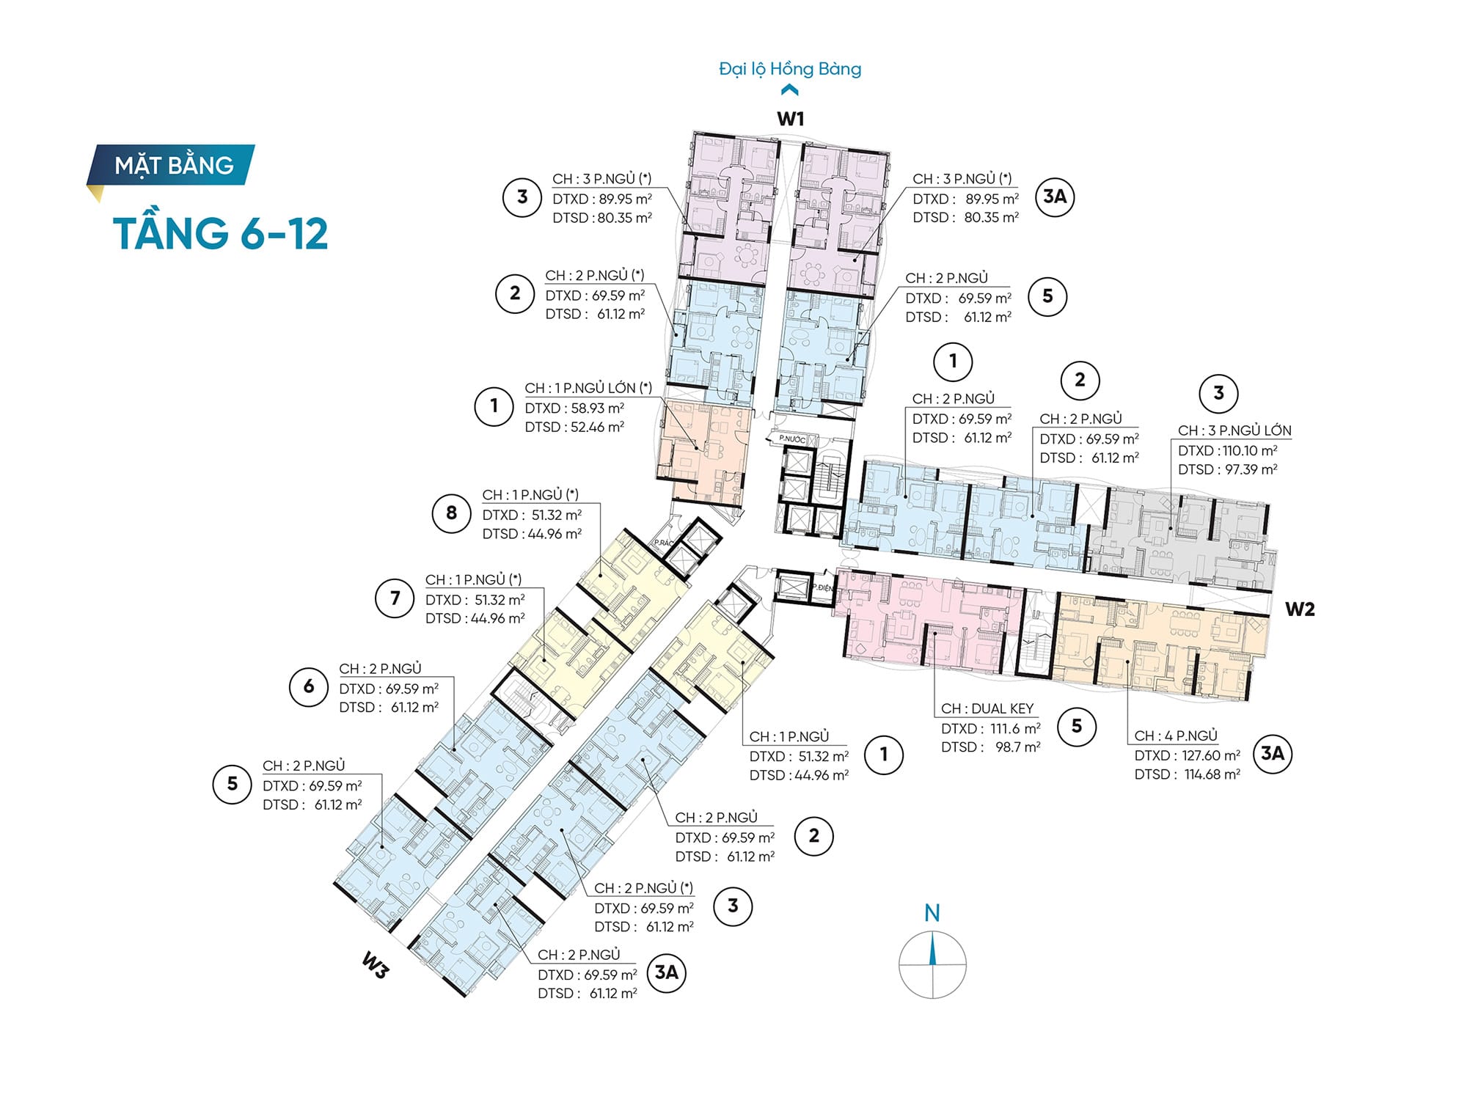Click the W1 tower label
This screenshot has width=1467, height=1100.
pos(791,119)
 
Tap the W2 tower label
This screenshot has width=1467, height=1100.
pos(1300,609)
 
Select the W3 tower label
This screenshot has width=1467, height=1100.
pos(375,965)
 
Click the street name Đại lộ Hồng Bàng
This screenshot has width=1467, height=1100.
pos(790,69)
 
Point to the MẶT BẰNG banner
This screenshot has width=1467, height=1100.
pos(172,165)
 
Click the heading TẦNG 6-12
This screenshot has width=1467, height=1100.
pos(221,233)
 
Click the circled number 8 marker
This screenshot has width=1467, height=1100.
pos(451,513)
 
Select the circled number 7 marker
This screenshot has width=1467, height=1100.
pos(395,598)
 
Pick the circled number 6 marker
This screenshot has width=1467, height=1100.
pos(309,686)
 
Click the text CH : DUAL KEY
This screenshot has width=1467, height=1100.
pos(987,708)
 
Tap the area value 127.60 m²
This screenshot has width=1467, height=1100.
pos(1211,755)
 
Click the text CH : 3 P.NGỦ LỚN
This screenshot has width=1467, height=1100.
pos(1234,431)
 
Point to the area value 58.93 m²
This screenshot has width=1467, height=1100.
pos(598,408)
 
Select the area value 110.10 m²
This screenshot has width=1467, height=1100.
pos(1250,451)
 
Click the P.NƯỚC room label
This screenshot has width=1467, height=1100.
pos(792,439)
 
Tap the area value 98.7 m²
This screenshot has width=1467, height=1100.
pos(1018,747)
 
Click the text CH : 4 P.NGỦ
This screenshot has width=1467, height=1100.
pos(1176,736)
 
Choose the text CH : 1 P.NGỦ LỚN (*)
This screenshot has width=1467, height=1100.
pos(588,388)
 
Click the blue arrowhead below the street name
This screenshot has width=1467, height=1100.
pos(790,90)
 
